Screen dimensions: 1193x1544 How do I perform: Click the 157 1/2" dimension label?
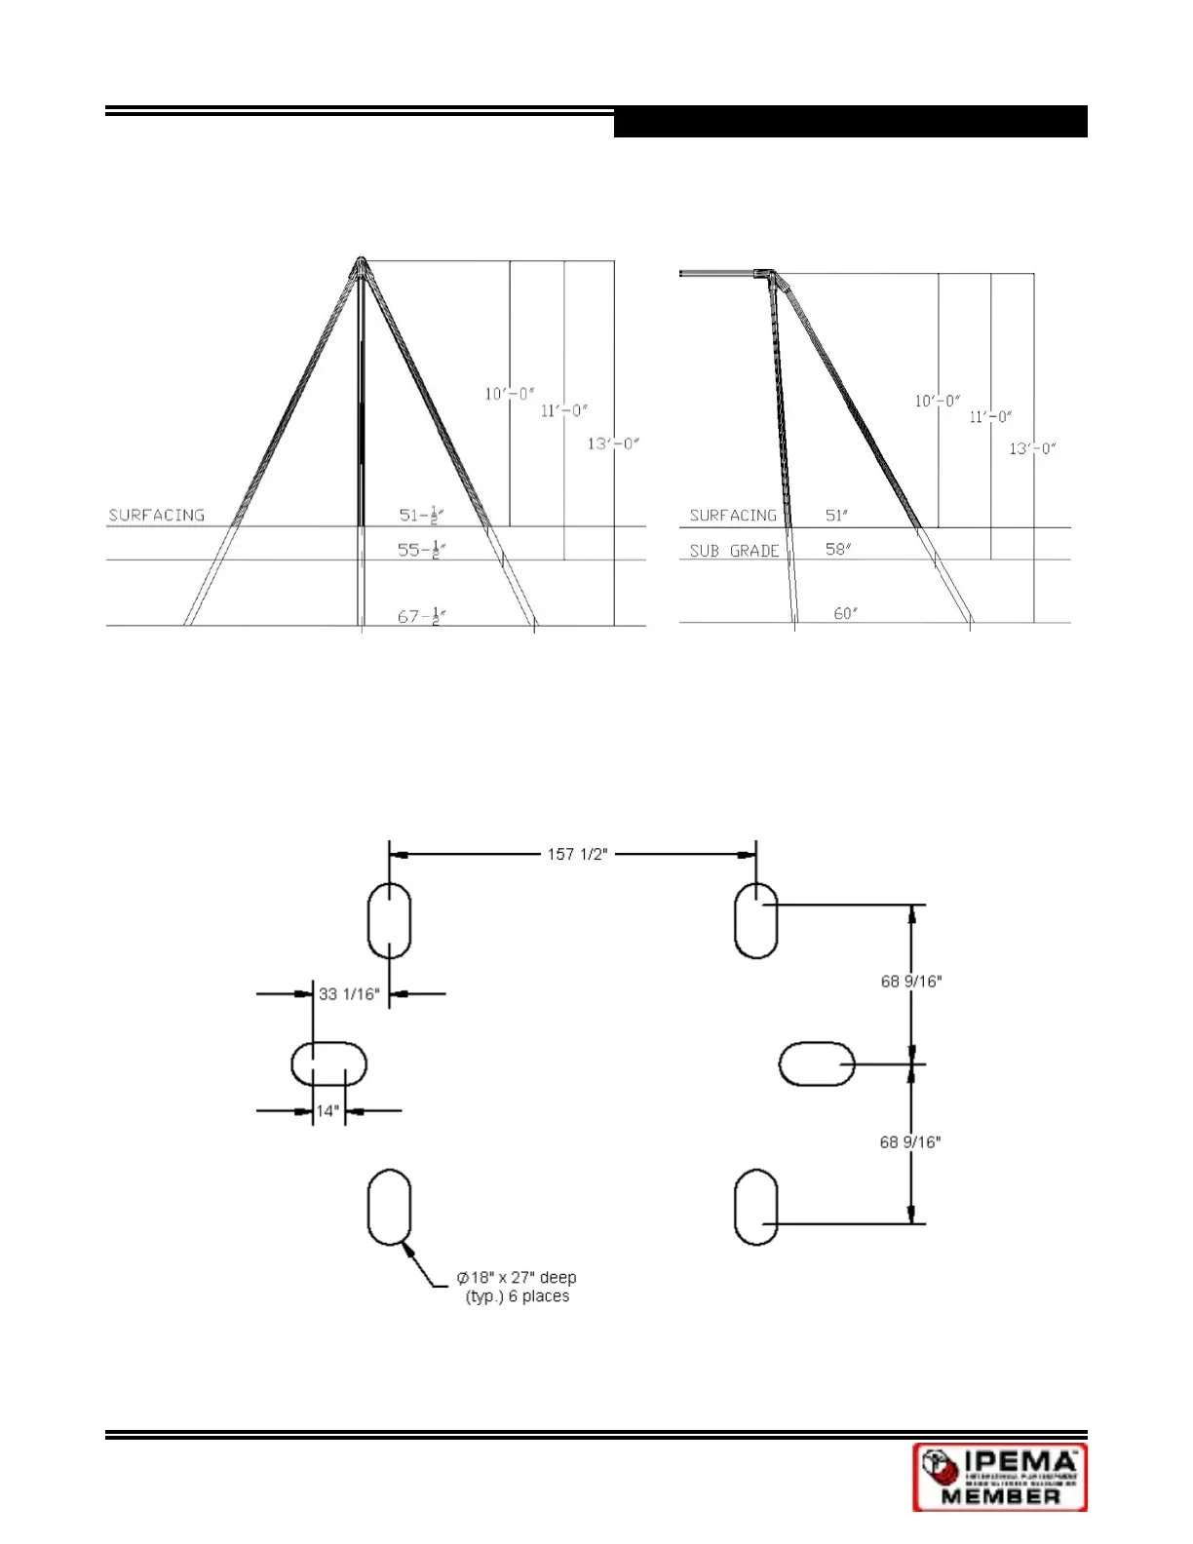coord(577,855)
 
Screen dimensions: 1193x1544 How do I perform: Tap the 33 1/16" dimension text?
coord(348,994)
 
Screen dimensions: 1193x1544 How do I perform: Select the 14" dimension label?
coord(327,1110)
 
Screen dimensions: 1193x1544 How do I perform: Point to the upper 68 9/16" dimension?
coord(911,982)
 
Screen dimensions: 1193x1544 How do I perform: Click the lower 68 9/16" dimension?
coord(910,1141)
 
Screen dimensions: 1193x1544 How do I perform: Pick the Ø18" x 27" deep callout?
coord(517,1287)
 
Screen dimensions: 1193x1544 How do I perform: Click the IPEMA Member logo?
coord(999,1477)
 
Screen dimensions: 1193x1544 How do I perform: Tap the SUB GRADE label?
coord(734,551)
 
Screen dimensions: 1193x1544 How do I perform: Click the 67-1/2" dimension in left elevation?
coord(421,616)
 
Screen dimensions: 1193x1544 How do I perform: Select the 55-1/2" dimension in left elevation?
coord(421,550)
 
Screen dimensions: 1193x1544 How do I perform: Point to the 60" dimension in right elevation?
coord(845,613)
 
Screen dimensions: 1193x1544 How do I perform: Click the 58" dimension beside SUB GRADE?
coord(837,549)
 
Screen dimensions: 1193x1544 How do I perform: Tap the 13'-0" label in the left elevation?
coord(612,444)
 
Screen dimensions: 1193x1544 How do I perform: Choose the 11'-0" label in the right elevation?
coord(990,417)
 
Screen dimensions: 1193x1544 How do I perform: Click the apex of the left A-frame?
coord(361,261)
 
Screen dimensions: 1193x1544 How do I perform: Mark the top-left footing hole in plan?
coord(389,920)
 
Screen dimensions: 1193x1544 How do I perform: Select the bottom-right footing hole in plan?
coord(755,1208)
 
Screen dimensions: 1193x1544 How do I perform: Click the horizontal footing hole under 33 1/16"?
coord(329,1063)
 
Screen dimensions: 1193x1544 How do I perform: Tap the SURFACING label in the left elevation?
coord(156,515)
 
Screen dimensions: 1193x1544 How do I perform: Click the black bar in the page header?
coord(850,122)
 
